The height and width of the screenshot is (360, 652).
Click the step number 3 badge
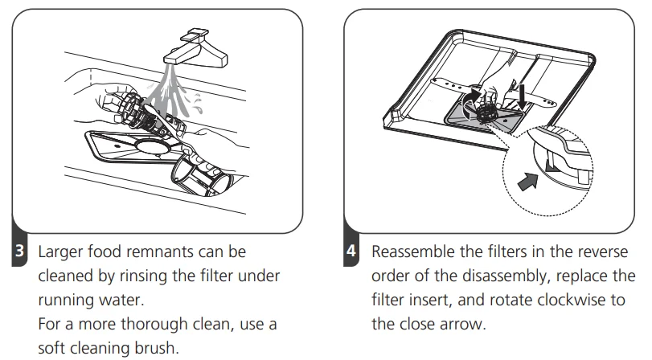(x=19, y=251)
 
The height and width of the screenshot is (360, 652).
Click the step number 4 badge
(x=351, y=251)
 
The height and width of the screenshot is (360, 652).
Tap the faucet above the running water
(x=196, y=49)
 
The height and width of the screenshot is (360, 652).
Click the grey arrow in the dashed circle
(x=527, y=182)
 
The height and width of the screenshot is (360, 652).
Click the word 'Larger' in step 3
(x=60, y=252)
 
